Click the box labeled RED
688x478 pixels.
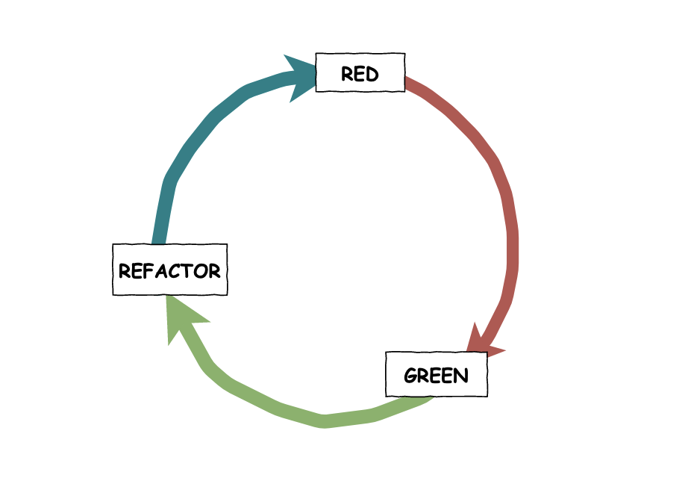pos(360,72)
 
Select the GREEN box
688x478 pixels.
pos(437,375)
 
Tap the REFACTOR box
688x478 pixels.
pos(169,270)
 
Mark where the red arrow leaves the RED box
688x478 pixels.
pos(410,83)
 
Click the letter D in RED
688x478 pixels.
pos(372,73)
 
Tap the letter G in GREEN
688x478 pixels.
pos(410,376)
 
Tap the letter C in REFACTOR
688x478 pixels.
pos(176,270)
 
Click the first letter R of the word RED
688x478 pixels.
pos(347,73)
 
